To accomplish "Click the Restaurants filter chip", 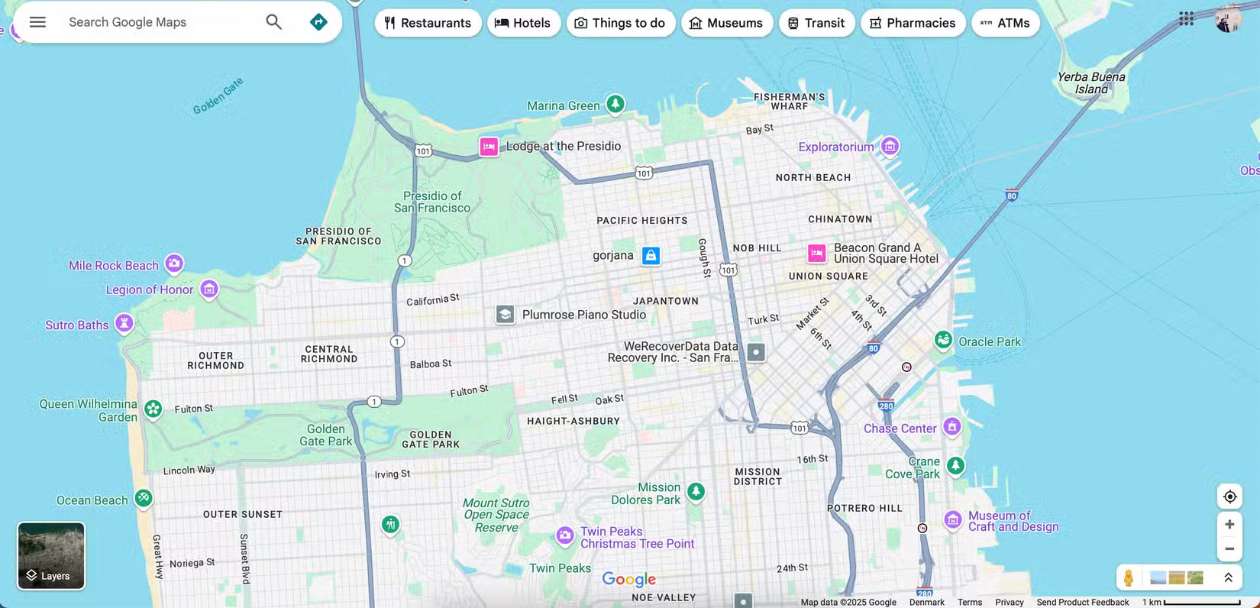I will click(428, 23).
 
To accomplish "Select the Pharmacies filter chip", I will click(913, 23).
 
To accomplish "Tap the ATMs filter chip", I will click(1005, 23).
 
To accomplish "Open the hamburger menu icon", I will click(37, 22).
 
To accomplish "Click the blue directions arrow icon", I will click(318, 22).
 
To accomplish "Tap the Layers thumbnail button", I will click(51, 555).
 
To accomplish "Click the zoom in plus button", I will click(1229, 524).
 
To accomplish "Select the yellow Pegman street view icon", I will click(1129, 578).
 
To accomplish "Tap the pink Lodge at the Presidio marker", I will click(489, 147).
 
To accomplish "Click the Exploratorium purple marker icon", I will click(890, 146).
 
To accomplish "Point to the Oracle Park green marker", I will click(943, 341).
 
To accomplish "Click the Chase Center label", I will click(900, 429).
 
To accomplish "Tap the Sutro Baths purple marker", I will click(124, 324).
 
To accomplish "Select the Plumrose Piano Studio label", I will click(583, 315).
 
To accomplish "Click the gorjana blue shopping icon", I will click(651, 256).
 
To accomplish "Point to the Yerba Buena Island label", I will click(1090, 82).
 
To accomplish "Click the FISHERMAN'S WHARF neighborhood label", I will click(789, 102).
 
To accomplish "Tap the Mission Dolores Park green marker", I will click(696, 491).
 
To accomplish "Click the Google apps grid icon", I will click(1186, 18).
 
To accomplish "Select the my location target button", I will click(1229, 496).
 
